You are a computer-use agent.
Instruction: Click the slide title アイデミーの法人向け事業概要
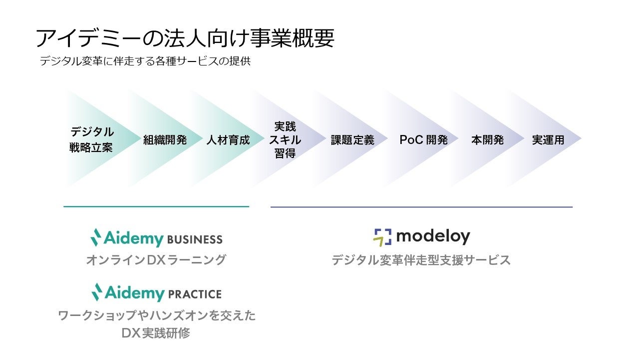(185, 38)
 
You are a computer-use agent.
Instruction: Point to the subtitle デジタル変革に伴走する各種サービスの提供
(145, 61)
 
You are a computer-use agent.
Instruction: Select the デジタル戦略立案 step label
(91, 139)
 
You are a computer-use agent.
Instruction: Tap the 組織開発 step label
(165, 140)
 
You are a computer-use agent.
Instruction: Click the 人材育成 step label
(228, 140)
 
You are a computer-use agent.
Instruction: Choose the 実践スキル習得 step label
(285, 140)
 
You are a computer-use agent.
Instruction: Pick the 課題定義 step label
(352, 140)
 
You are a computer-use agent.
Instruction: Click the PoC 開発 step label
(424, 140)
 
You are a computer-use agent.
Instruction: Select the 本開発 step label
(487, 140)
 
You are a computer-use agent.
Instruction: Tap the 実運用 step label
(548, 140)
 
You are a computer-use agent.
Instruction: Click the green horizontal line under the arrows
(156, 206)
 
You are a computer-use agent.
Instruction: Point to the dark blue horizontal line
(421, 206)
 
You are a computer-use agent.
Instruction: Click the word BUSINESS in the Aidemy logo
(195, 239)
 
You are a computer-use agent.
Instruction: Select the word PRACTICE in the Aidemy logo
(195, 293)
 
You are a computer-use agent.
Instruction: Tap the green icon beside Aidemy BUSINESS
(96, 237)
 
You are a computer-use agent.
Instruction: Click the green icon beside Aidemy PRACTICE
(96, 291)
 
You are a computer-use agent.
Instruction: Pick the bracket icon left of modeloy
(382, 237)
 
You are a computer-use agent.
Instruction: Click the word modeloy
(433, 237)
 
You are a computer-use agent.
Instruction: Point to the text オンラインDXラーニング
(156, 260)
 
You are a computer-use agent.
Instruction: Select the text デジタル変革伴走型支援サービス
(421, 260)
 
